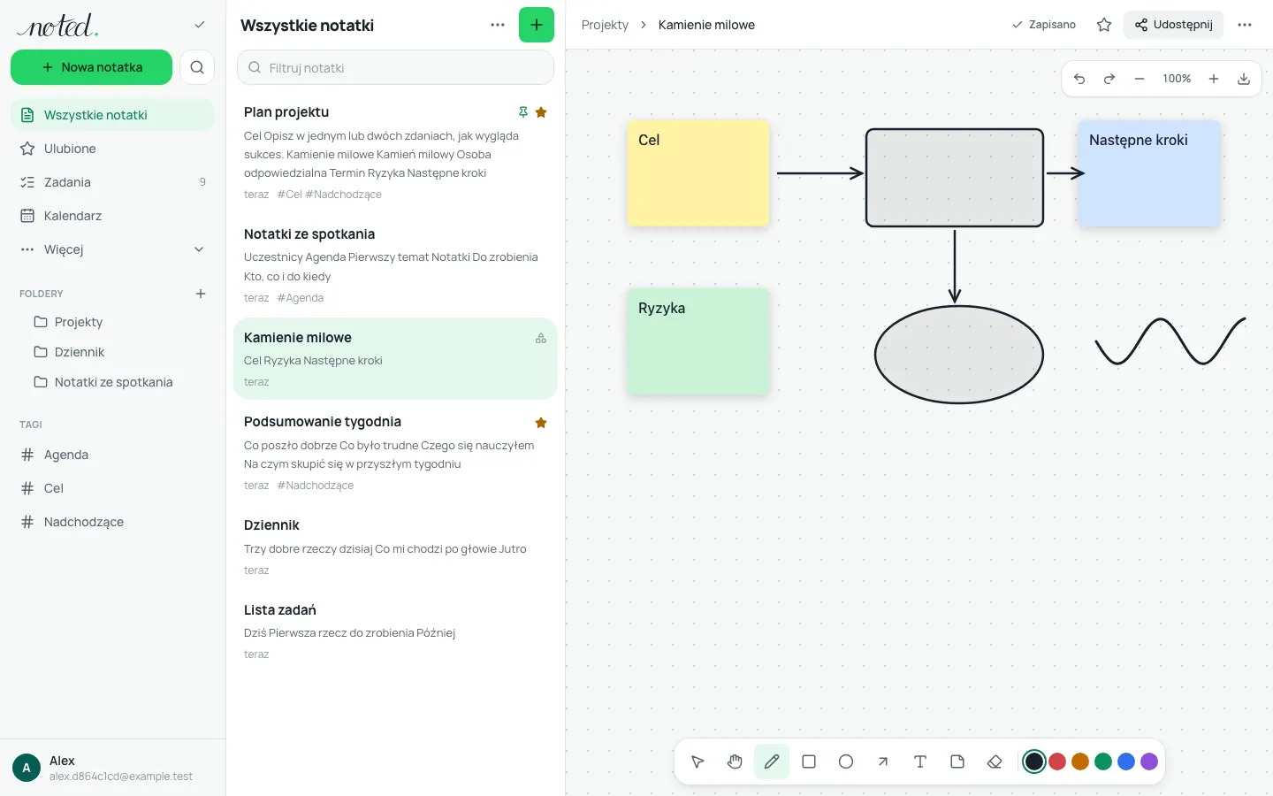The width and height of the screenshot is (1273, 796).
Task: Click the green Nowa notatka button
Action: (91, 67)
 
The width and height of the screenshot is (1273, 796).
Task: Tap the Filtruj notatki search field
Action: (395, 67)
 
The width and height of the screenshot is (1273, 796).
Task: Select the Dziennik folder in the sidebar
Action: (79, 352)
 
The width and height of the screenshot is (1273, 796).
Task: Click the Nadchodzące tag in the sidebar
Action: (83, 522)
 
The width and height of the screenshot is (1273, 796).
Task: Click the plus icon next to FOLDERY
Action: (201, 294)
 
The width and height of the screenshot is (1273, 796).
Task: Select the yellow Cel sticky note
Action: (697, 173)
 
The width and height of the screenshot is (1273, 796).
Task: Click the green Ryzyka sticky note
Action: (697, 341)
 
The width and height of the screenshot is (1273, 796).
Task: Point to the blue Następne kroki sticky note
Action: (1149, 173)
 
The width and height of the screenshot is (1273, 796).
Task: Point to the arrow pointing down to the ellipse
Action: (955, 266)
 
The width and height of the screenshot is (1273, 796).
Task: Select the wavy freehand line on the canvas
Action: (1170, 341)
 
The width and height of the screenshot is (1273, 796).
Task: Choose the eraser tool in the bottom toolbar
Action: (995, 762)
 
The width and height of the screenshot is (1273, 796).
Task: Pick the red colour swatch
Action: (1057, 762)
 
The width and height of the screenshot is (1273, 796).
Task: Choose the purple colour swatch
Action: (1149, 762)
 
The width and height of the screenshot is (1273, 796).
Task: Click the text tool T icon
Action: (920, 762)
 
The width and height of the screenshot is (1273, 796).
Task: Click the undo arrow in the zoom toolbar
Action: (1079, 79)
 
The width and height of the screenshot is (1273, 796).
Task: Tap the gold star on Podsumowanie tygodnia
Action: (541, 423)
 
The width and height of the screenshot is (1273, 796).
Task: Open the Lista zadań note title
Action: (279, 609)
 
